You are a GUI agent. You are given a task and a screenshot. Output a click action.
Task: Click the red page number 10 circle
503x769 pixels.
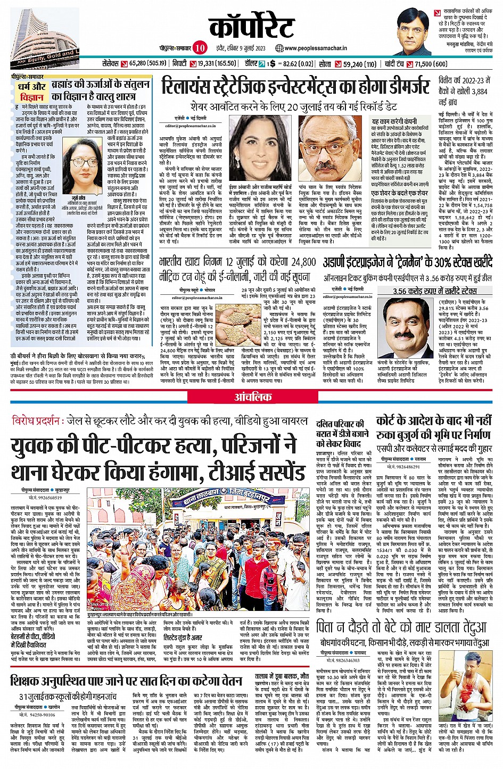[200, 48]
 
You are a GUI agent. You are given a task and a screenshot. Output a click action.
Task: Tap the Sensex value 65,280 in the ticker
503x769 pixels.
[148, 64]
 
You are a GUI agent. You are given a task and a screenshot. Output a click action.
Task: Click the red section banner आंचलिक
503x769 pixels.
[253, 397]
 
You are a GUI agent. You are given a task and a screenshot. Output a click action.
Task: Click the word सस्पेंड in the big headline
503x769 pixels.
[279, 472]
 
